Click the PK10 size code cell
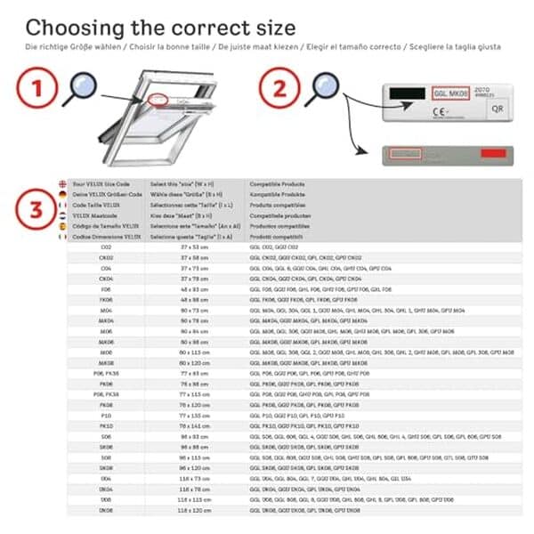pos(106,426)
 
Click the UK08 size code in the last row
pos(106,510)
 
